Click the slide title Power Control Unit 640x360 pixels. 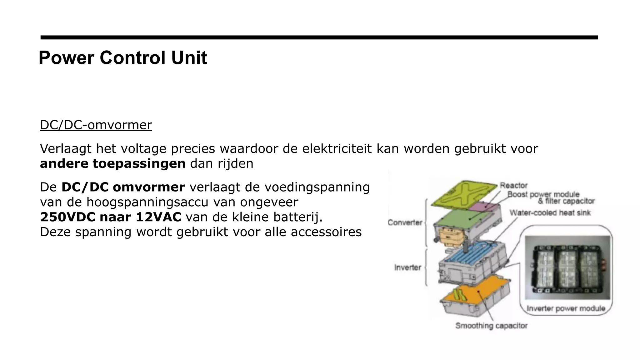[122, 58]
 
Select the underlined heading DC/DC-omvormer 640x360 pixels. [96, 125]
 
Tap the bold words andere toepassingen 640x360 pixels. [112, 164]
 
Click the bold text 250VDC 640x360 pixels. [67, 217]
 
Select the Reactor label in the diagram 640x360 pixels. [513, 185]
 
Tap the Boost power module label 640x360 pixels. [543, 194]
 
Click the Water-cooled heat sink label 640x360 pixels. [550, 213]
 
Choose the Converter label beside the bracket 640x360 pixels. [405, 222]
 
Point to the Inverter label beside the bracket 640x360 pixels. [407, 267]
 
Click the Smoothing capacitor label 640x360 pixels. [491, 326]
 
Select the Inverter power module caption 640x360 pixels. [566, 308]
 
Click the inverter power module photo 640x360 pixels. [567, 267]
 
